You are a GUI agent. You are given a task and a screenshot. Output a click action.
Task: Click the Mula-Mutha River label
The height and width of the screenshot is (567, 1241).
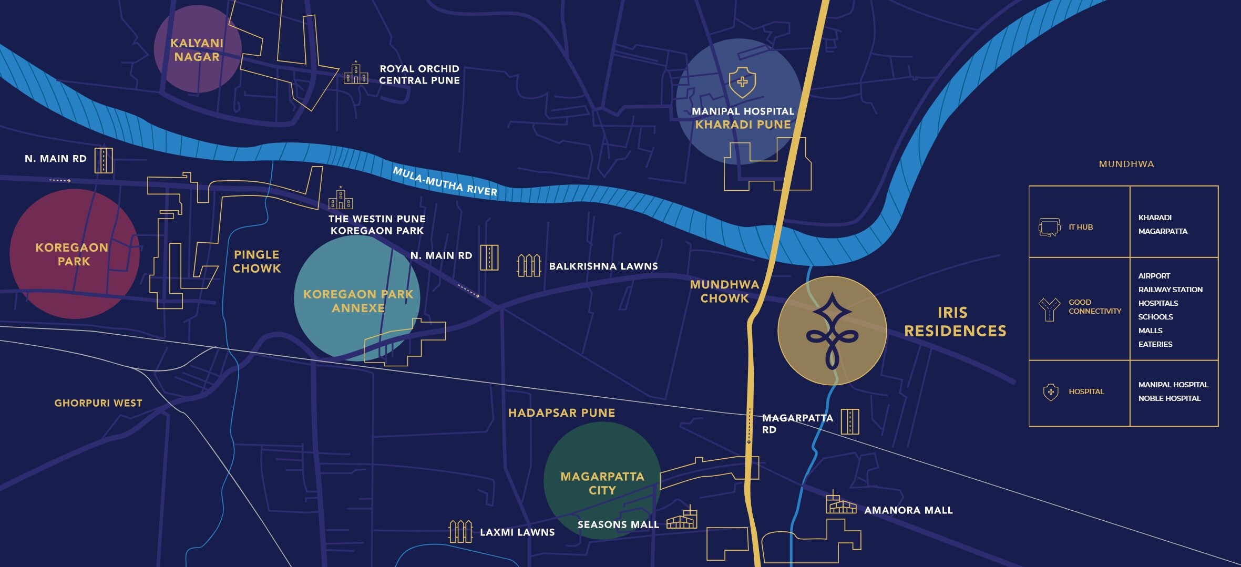click(445, 182)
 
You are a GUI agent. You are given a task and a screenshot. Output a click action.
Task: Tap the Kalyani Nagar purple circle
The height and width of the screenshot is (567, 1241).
click(197, 49)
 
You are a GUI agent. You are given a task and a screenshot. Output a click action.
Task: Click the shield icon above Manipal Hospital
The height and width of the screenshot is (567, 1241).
click(742, 83)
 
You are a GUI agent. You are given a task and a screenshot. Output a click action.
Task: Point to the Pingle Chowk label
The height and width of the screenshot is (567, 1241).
click(257, 261)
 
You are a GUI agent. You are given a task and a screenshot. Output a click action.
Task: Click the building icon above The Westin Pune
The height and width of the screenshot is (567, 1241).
click(341, 198)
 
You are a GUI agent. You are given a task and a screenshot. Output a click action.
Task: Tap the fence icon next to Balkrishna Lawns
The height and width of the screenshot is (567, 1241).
click(529, 265)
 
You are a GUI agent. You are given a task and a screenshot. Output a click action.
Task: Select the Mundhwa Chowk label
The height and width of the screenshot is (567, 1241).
click(724, 291)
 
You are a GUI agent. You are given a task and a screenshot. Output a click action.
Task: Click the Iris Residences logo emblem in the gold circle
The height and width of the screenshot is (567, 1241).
click(832, 331)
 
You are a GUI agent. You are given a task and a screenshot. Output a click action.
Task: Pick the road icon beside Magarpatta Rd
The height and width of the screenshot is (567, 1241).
click(850, 421)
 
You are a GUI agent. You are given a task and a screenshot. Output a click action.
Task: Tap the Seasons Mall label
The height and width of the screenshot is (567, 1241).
click(618, 524)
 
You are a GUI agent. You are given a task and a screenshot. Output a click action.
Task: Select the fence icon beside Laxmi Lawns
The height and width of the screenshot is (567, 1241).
click(460, 531)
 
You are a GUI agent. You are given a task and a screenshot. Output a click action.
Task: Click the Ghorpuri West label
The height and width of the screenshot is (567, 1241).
click(98, 403)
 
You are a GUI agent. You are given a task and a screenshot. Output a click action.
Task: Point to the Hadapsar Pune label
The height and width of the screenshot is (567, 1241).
click(561, 413)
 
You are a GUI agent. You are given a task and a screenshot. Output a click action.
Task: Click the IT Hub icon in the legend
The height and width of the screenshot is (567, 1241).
click(1049, 227)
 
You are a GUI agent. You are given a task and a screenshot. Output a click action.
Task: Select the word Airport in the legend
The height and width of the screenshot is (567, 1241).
click(1154, 276)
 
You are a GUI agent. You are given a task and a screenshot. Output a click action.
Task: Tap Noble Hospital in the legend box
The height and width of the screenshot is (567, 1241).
click(1169, 398)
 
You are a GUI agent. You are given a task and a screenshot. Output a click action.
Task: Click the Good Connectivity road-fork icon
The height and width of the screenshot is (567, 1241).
click(1049, 309)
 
